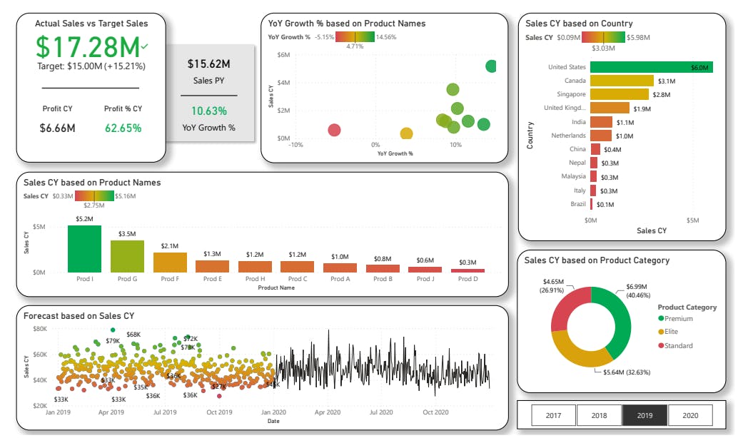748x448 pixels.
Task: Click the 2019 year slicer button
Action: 645,415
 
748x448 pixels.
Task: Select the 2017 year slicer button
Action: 553,415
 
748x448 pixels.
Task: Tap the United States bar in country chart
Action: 651,67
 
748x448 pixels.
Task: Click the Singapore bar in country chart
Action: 620,94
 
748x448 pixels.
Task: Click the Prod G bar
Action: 127,256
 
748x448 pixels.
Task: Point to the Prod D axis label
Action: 468,279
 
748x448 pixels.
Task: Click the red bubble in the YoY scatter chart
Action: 334,130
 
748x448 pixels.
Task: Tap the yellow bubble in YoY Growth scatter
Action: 406,133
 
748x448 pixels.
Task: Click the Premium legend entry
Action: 678,319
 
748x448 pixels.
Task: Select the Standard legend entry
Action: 678,346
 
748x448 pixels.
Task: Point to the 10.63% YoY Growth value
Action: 210,111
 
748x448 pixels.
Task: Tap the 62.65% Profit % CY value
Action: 123,128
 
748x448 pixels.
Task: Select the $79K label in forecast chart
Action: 113,341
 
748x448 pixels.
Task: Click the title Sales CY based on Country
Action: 579,24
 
